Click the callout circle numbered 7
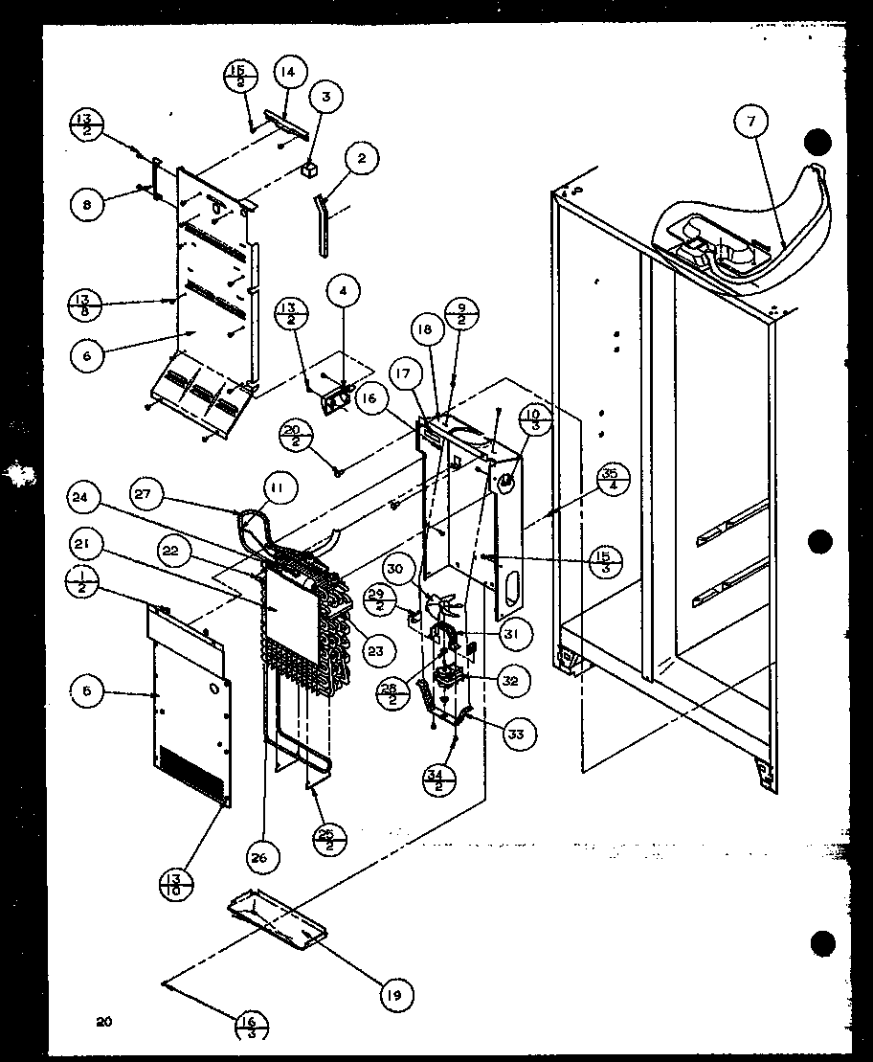(752, 123)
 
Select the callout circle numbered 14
(288, 72)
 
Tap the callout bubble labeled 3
(326, 97)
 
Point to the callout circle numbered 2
(360, 159)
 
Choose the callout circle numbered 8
(88, 203)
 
